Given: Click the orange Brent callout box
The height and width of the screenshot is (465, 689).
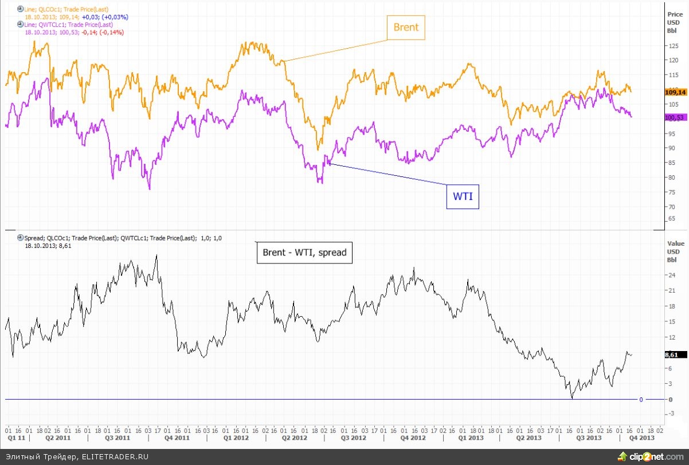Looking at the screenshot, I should point(406,27).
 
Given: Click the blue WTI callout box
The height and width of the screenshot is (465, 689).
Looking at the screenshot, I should point(463,196).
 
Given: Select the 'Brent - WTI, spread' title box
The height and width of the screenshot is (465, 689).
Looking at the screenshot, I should point(304,252).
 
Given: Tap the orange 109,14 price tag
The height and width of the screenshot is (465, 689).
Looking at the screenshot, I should point(675,92).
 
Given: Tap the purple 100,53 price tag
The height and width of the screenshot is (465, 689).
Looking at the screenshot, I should point(675,117).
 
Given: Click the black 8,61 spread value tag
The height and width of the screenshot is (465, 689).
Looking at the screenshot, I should point(671,355).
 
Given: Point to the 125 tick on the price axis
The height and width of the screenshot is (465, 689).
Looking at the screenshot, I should point(673,46).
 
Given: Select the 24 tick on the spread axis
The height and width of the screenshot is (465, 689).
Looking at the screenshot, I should point(669,275).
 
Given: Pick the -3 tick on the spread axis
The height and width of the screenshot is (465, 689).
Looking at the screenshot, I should point(669,414).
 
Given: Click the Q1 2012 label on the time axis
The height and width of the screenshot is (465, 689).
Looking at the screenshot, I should point(236,438).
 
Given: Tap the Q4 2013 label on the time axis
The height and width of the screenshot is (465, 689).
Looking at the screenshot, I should point(642,438).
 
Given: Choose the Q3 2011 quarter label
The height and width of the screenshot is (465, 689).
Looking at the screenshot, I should point(118,438).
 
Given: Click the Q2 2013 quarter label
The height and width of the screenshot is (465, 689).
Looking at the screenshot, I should point(529,438).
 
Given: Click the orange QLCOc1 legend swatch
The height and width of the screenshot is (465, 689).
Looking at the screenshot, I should point(20,10).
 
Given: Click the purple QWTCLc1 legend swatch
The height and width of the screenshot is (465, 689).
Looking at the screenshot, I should point(20,25).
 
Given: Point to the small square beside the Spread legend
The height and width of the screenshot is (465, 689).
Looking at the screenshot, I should point(20,237).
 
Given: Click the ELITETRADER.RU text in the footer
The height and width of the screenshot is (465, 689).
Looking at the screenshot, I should point(115,456).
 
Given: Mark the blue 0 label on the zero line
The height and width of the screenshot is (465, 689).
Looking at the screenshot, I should point(641,399).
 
